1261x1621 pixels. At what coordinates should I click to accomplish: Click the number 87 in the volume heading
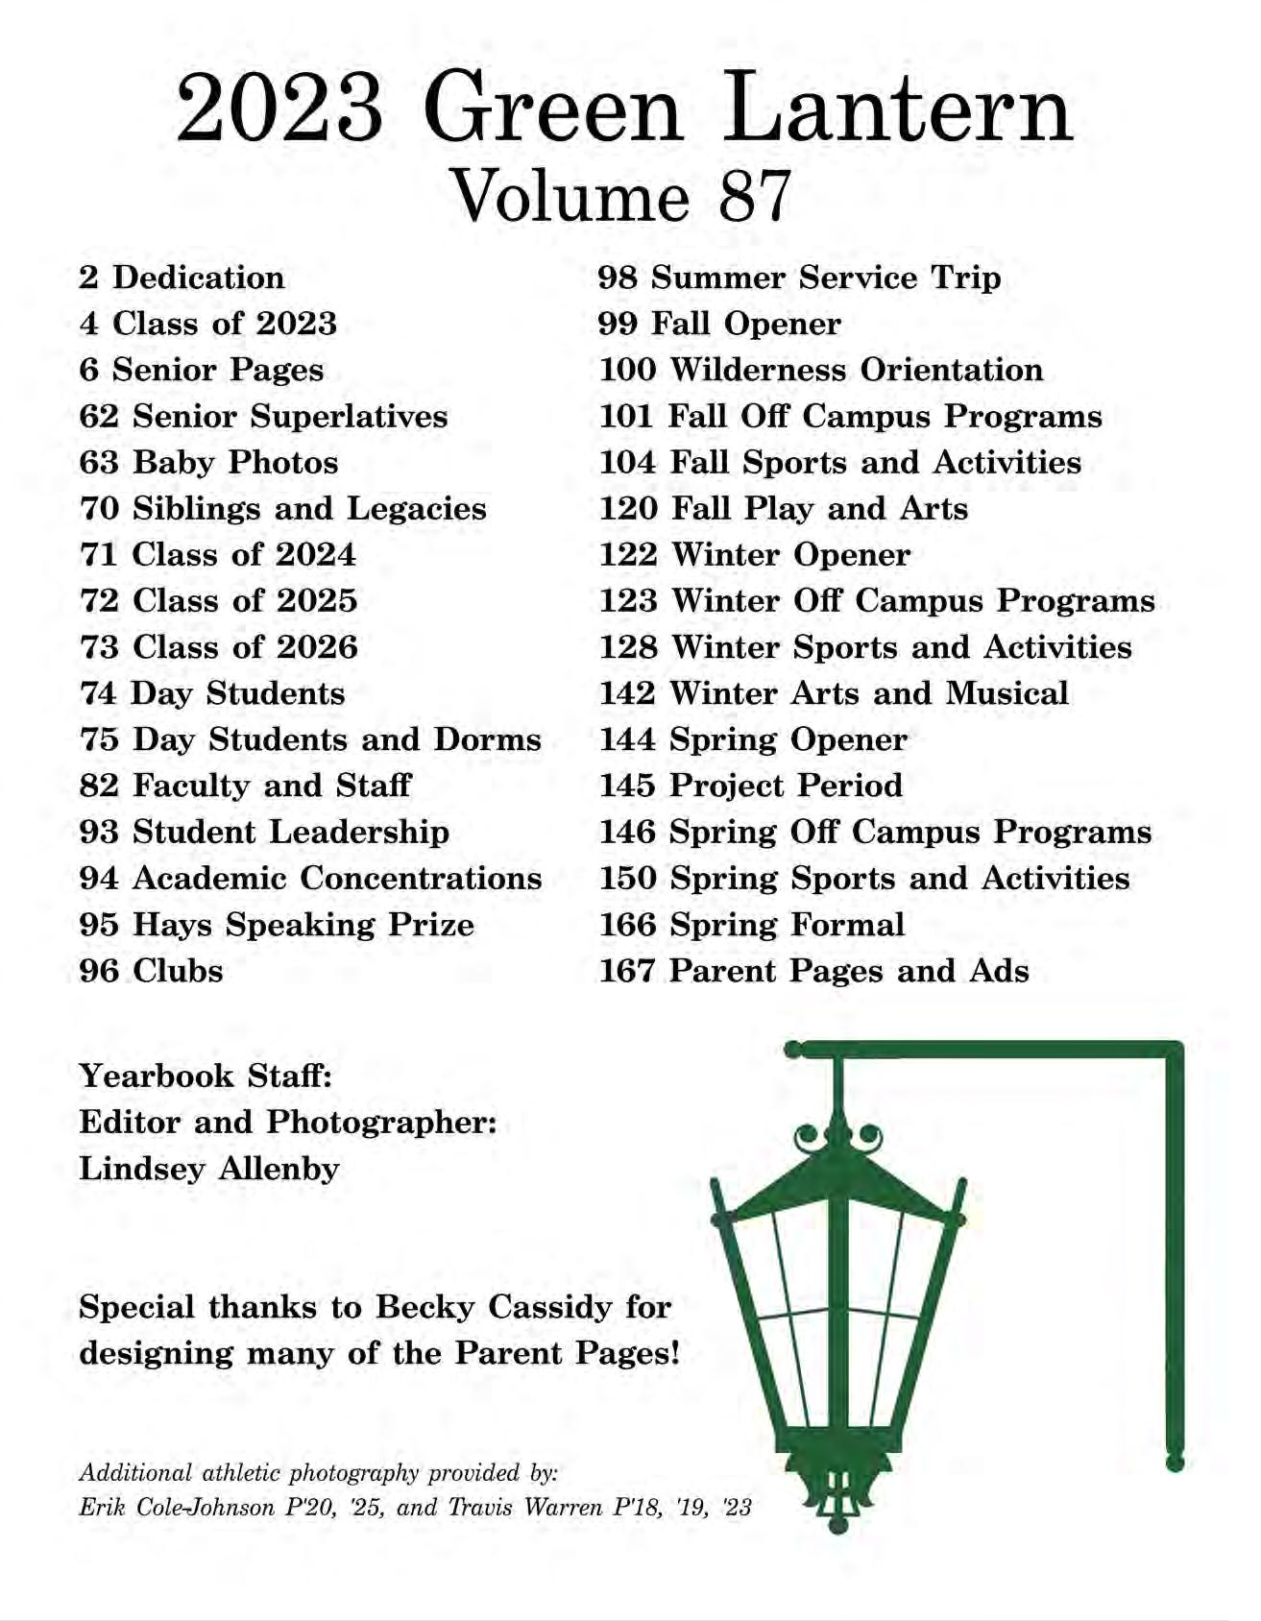tap(753, 195)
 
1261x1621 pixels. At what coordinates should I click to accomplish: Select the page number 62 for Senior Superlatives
tap(99, 416)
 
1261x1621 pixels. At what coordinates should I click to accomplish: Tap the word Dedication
tap(198, 278)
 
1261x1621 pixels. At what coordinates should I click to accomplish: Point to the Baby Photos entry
tap(208, 462)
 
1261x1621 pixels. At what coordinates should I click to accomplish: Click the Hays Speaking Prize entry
tap(277, 924)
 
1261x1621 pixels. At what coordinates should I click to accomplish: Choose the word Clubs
tap(178, 970)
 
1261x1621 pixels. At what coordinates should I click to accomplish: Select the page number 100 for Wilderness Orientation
tap(627, 370)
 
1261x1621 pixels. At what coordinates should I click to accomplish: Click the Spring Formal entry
tap(752, 924)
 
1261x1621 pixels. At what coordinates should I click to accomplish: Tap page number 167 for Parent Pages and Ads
tap(627, 970)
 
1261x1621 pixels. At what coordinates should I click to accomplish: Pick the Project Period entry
tap(751, 786)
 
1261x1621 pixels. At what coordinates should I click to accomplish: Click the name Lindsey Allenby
tap(209, 1168)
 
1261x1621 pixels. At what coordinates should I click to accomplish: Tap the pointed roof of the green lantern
tap(837, 1187)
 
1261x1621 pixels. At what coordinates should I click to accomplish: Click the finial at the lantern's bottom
tap(837, 1523)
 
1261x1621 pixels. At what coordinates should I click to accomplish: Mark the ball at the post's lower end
tap(1174, 1464)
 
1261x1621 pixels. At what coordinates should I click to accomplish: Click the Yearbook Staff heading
tap(206, 1075)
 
